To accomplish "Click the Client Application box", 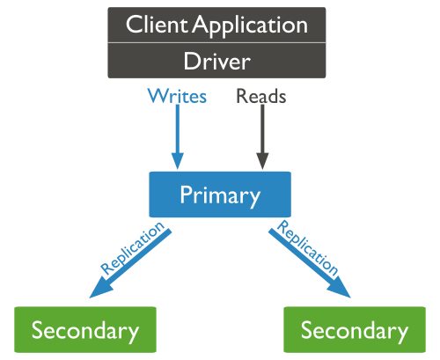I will pyautogui.click(x=216, y=25).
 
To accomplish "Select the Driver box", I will pyautogui.click(x=216, y=61).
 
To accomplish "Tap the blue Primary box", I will pyautogui.click(x=220, y=194).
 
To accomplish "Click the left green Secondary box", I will pyautogui.click(x=85, y=330).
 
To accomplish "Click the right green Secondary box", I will pyautogui.click(x=355, y=330).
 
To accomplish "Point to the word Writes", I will pyautogui.click(x=177, y=96).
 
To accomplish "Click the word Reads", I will pyautogui.click(x=260, y=96).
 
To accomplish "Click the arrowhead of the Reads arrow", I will pyautogui.click(x=260, y=160).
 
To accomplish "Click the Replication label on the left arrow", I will pyautogui.click(x=132, y=250).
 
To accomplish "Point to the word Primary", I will pyautogui.click(x=220, y=194).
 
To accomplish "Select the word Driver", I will pyautogui.click(x=216, y=61).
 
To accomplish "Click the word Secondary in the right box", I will pyautogui.click(x=355, y=331).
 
